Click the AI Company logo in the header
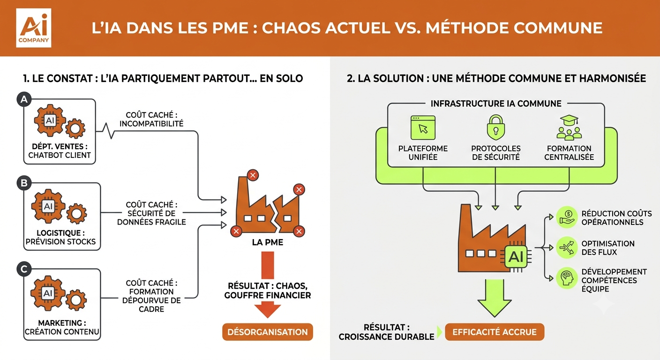point(34,28)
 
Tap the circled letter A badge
point(24,99)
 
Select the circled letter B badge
point(24,183)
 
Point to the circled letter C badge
point(24,269)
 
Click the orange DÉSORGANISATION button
point(268,332)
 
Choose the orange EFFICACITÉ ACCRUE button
point(495,332)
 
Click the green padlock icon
point(496,127)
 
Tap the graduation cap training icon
point(569,127)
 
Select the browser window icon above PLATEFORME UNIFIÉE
point(423,127)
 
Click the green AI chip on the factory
point(516,256)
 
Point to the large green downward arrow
point(495,298)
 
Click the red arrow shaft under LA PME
point(268,265)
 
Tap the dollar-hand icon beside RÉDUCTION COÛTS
point(567,217)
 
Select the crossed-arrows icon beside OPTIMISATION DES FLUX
point(567,247)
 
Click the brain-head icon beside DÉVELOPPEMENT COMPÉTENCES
point(567,278)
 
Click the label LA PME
point(268,242)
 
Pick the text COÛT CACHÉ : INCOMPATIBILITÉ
point(151,120)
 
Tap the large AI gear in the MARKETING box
point(48,293)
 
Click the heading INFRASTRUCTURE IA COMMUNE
point(496,104)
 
